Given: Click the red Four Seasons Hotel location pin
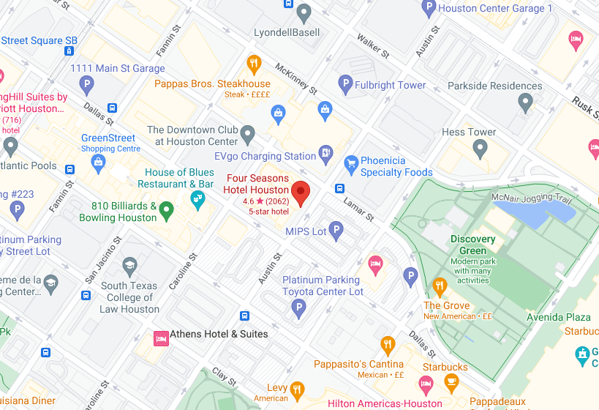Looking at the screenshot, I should pos(301,193).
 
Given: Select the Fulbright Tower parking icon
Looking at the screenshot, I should pos(345,84).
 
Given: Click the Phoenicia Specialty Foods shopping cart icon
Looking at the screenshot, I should pos(350,162).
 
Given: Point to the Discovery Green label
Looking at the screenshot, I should pos(472,245).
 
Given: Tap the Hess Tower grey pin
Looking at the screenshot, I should pos(480,149).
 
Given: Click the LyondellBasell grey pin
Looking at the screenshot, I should pos(303,12).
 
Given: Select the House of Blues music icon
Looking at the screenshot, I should pos(197,198).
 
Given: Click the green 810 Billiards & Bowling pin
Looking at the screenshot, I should pos(167,210).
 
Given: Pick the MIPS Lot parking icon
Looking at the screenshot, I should pos(336,231).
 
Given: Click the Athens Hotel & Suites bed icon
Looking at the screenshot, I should pos(160,338).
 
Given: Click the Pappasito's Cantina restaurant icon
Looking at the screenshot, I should pos(388,344).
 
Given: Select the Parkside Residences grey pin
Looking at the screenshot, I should pos(525,102).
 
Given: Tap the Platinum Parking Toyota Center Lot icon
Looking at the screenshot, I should pos(298,308).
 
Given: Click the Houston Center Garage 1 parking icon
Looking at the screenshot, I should pos(429,8).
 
